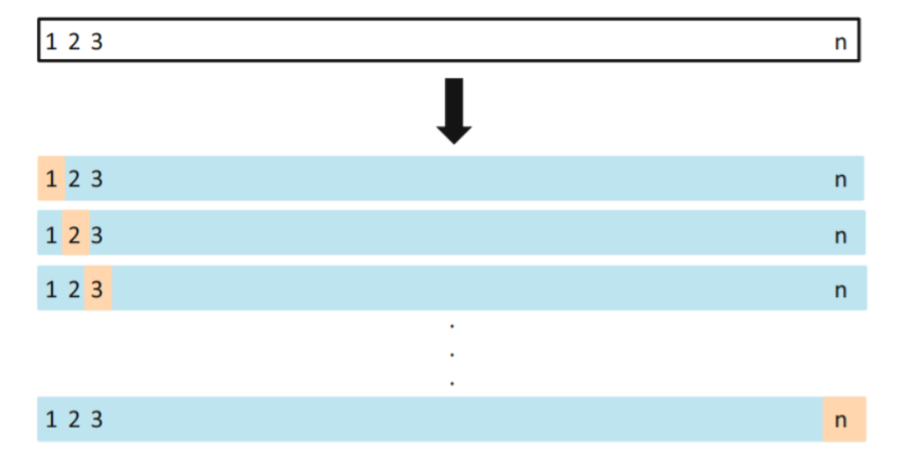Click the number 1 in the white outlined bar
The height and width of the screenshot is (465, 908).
point(51,41)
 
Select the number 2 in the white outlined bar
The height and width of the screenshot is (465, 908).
point(74,41)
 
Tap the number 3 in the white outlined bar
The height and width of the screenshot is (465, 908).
point(96,41)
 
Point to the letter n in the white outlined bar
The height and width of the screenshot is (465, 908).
point(840,41)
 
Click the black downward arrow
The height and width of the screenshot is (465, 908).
point(454,111)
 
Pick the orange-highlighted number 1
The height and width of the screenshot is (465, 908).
point(51,179)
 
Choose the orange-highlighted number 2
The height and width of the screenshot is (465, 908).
point(75,235)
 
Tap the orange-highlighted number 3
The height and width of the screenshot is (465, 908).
point(97,289)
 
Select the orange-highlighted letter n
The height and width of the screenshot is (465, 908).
point(840,420)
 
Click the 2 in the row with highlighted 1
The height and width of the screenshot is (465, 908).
point(74,179)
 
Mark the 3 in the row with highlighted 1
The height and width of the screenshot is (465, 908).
point(96,179)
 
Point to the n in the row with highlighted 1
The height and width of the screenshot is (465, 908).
point(840,180)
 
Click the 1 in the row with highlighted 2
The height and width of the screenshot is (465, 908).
point(51,235)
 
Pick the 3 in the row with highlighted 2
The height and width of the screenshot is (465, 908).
point(97,235)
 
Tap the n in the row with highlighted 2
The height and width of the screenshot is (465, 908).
point(840,236)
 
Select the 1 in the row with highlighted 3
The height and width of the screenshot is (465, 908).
point(51,289)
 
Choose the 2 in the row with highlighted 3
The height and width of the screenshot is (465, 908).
point(74,289)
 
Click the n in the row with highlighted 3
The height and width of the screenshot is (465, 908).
point(840,290)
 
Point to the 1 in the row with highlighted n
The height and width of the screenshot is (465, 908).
point(51,420)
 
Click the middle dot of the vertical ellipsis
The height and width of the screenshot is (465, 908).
point(452,355)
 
